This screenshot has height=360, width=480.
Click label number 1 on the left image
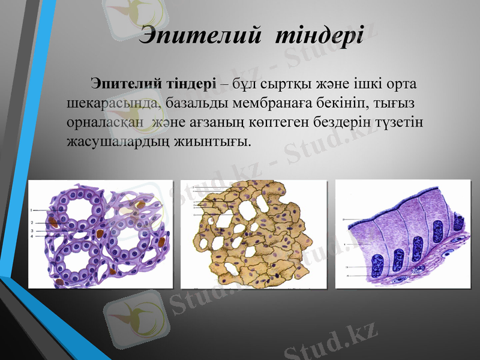pos(31,211)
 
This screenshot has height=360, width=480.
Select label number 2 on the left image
pos(31,223)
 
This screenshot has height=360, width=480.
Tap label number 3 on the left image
pos(31,230)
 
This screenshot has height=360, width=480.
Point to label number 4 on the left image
pos(31,236)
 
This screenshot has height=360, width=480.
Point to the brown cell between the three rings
pos(100,233)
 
